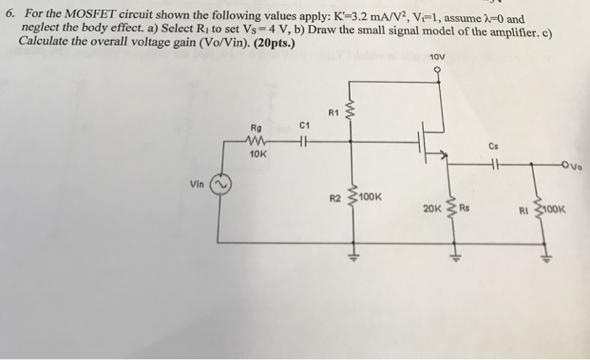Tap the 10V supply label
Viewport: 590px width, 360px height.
(x=436, y=56)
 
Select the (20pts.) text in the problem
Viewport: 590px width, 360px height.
(x=241, y=40)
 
